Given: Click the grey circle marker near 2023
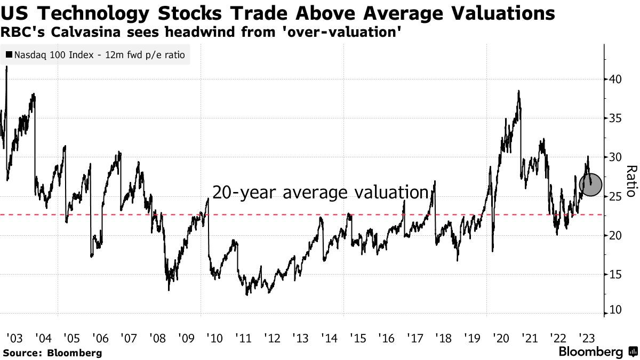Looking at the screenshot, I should pyautogui.click(x=590, y=185).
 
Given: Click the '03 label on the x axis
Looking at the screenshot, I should pyautogui.click(x=14, y=338).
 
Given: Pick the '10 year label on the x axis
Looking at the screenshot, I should pyautogui.click(x=214, y=338).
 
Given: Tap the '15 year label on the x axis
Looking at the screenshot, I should pyautogui.click(x=357, y=338).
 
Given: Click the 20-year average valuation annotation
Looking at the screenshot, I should pyautogui.click(x=321, y=192).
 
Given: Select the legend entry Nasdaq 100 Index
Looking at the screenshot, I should pyautogui.click(x=96, y=55).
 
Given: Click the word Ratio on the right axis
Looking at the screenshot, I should pyautogui.click(x=630, y=181).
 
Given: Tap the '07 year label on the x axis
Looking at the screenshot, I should pyautogui.click(x=129, y=338).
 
